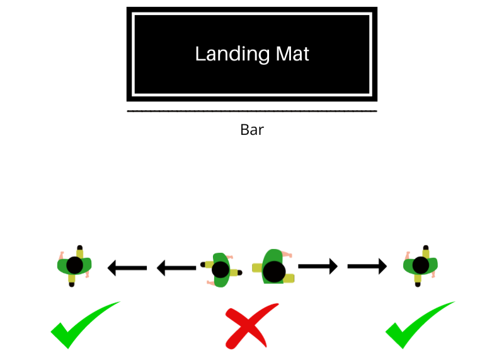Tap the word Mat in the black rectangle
pyautogui.click(x=293, y=54)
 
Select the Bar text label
pyautogui.click(x=252, y=130)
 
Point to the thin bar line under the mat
pyautogui.click(x=252, y=111)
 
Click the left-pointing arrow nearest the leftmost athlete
pyautogui.click(x=127, y=269)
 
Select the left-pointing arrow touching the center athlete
pyautogui.click(x=176, y=269)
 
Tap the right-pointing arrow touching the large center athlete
pyautogui.click(x=318, y=267)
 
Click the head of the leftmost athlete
pyautogui.click(x=75, y=265)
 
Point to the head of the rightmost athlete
pyautogui.click(x=421, y=265)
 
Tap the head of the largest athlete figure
pyautogui.click(x=274, y=272)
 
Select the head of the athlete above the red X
pyautogui.click(x=220, y=270)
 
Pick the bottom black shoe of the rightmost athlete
pyautogui.click(x=417, y=284)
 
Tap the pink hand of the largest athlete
pyautogui.click(x=287, y=254)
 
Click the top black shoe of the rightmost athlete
pyautogui.click(x=425, y=248)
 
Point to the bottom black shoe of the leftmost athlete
pyautogui.click(x=72, y=284)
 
